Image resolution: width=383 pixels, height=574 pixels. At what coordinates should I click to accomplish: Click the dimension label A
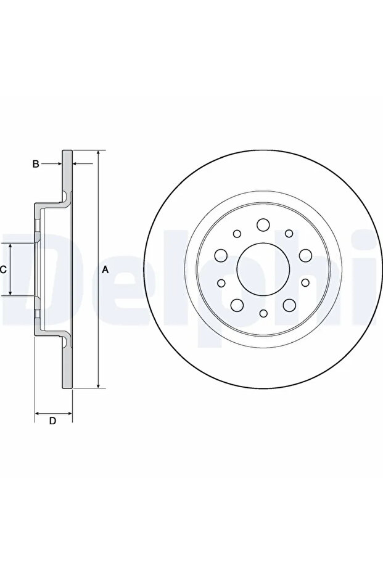click(x=105, y=270)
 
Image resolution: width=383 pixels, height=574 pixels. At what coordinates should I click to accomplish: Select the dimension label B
click(x=36, y=163)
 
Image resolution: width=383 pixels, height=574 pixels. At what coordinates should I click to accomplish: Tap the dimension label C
click(x=3, y=270)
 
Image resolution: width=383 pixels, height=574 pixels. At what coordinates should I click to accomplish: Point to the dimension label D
click(x=52, y=420)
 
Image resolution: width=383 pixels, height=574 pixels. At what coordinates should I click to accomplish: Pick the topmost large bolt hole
click(x=263, y=225)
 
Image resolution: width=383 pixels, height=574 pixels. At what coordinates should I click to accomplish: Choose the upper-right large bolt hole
click(x=305, y=255)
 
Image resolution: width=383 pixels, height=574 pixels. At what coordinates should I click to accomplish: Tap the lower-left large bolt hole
click(x=237, y=304)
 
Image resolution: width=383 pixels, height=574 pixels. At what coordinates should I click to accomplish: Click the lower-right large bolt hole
click(x=289, y=304)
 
